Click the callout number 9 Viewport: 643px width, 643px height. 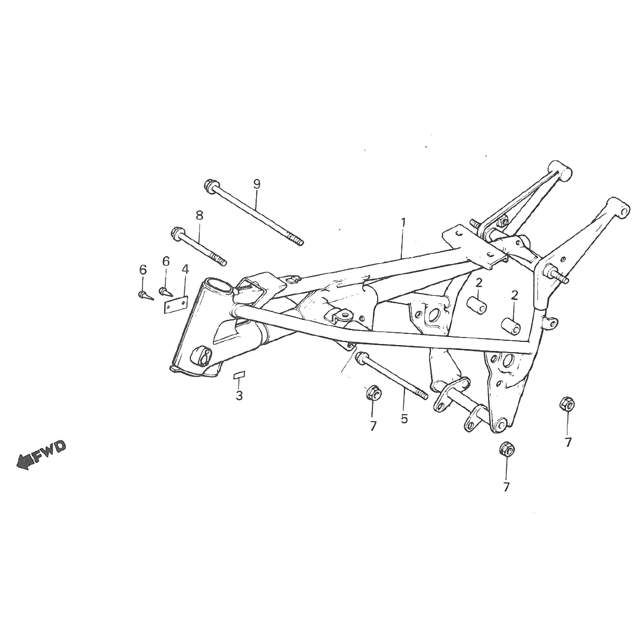tap(257, 184)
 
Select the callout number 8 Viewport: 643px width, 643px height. tap(199, 215)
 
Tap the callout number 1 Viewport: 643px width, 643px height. tap(403, 221)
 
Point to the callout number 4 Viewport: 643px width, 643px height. tap(185, 268)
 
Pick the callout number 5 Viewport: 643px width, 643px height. tap(404, 418)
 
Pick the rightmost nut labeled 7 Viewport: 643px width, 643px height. tap(566, 404)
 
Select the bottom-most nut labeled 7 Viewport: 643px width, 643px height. tap(506, 448)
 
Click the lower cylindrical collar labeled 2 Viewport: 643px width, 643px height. tap(510, 326)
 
